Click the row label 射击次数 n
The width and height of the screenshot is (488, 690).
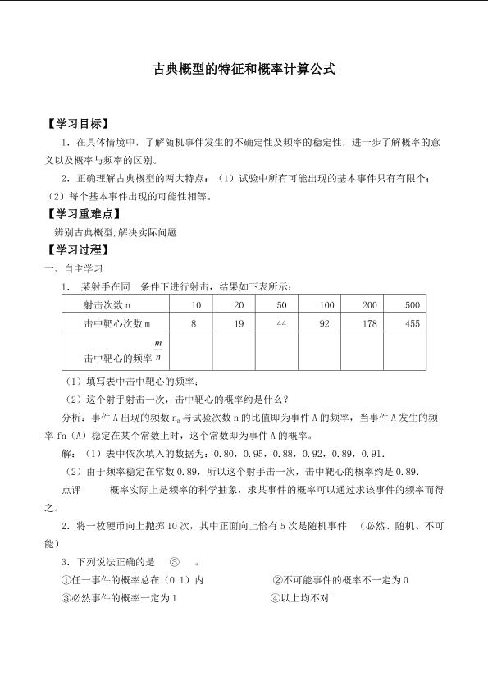[107, 305]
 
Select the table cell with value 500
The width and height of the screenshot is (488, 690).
[412, 305]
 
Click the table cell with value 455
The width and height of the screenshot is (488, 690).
[412, 324]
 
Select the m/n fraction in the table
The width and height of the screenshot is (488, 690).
[158, 350]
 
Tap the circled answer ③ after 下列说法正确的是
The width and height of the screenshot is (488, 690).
[174, 562]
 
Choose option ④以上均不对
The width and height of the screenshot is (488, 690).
[299, 598]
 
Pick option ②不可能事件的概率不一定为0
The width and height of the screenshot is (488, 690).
[340, 580]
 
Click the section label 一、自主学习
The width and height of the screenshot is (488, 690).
[73, 268]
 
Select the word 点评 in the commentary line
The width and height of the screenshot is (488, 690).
[71, 490]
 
